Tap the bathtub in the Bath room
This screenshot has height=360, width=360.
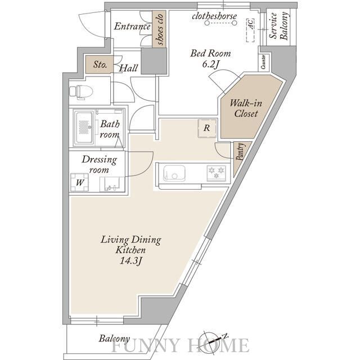(x=84, y=128)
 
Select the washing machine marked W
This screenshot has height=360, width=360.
(x=79, y=182)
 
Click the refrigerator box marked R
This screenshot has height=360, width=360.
(x=207, y=128)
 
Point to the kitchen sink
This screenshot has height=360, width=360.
(x=174, y=173)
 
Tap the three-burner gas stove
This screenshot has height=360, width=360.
(x=216, y=173)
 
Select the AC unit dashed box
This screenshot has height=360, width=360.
(x=251, y=30)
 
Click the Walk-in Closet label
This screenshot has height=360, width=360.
(x=246, y=109)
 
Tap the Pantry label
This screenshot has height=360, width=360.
(x=240, y=152)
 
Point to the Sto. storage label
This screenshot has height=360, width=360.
(x=100, y=65)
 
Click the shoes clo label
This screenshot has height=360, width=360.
(x=159, y=29)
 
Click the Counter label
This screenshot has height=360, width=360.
(x=263, y=62)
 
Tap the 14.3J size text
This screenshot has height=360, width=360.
(x=131, y=261)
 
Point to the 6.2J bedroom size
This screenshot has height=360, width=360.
(x=210, y=65)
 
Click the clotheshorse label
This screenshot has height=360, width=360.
(x=214, y=16)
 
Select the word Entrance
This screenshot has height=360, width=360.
(x=132, y=26)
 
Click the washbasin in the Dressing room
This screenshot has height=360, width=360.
(x=112, y=184)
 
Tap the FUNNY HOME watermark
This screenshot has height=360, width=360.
(x=180, y=345)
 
